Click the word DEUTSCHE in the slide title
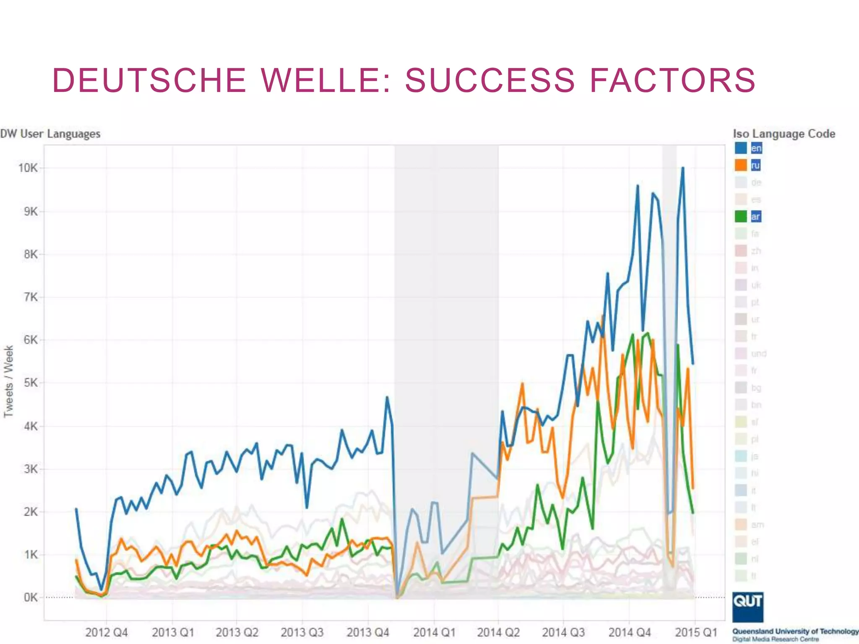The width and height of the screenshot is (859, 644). tap(149, 80)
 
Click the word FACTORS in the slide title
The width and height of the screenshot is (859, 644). tap(672, 80)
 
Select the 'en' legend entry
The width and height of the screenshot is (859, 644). tap(756, 148)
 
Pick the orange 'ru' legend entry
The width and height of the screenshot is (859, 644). tap(755, 165)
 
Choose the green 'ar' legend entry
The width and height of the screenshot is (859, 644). tap(755, 217)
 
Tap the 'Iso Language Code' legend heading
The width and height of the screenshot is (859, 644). tap(784, 134)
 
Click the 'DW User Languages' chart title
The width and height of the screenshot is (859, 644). tap(50, 134)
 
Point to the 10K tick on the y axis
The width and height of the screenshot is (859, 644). tap(28, 168)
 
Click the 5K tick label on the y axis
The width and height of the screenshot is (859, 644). tap(31, 383)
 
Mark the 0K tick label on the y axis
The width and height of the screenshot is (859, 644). tap(31, 597)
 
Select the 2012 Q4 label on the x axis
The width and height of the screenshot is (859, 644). tap(107, 632)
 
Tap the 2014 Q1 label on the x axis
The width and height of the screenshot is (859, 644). tap(434, 632)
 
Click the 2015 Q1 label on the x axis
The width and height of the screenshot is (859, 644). tap(695, 632)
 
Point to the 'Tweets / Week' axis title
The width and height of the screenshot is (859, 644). tap(9, 381)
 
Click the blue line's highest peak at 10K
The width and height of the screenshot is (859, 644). tap(683, 168)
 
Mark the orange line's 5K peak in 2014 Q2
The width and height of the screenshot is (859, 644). tap(522, 383)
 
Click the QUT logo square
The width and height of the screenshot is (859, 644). tap(747, 607)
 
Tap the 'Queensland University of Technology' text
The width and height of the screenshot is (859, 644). tap(795, 631)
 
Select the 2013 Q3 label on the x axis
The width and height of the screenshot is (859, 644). tap(302, 632)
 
